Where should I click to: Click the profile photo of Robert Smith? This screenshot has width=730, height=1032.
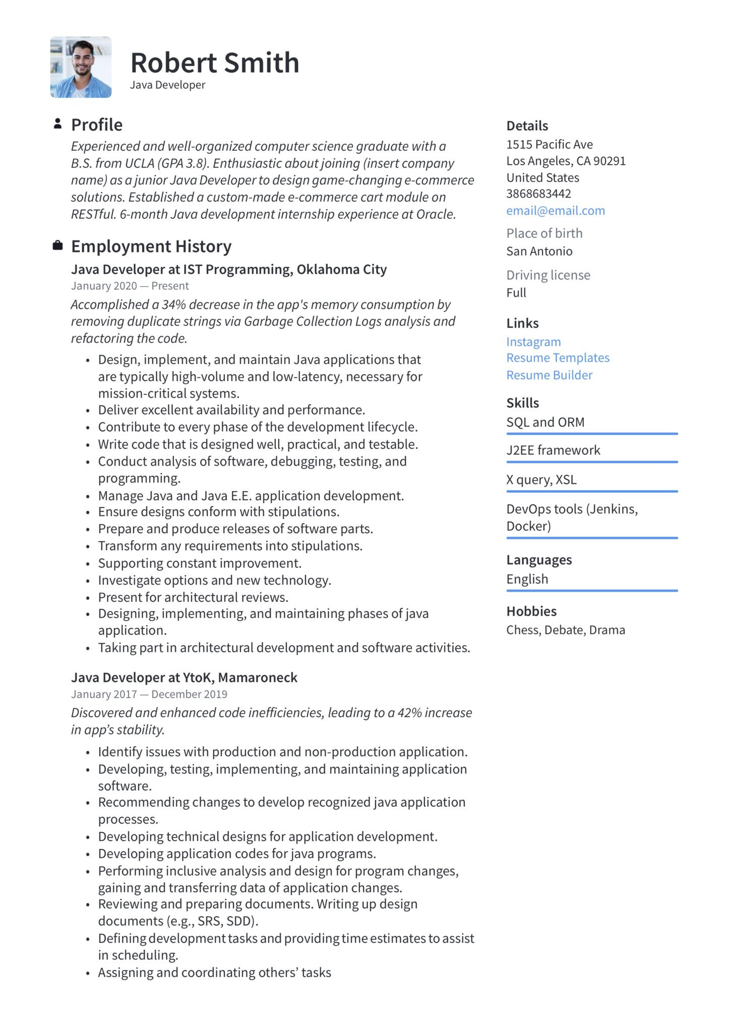(x=81, y=67)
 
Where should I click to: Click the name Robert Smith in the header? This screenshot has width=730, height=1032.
(x=215, y=63)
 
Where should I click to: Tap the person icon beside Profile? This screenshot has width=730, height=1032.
(x=57, y=123)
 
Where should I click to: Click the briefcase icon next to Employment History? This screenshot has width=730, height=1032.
(x=57, y=245)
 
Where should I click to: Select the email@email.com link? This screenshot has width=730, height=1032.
(x=555, y=211)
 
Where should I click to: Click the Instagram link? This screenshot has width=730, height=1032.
(x=533, y=342)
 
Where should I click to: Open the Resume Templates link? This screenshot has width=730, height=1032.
(x=558, y=358)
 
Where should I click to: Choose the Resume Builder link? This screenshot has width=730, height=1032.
(x=549, y=375)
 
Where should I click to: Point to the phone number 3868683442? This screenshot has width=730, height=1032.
(x=538, y=193)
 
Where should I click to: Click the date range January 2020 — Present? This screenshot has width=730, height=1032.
(x=130, y=286)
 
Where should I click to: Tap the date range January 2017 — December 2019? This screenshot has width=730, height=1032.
(x=149, y=694)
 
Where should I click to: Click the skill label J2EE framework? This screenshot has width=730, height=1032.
(x=553, y=450)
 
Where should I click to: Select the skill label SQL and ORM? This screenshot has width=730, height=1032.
(x=545, y=422)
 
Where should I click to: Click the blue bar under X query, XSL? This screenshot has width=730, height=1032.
(x=592, y=491)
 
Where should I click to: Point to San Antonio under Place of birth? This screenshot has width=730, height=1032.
(x=539, y=251)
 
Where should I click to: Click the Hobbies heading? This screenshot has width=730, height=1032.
(x=531, y=611)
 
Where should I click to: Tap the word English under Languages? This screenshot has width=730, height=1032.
(x=527, y=579)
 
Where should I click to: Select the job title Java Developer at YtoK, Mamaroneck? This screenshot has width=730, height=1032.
(x=184, y=677)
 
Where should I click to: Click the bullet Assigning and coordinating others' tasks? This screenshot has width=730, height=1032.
(x=214, y=972)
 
